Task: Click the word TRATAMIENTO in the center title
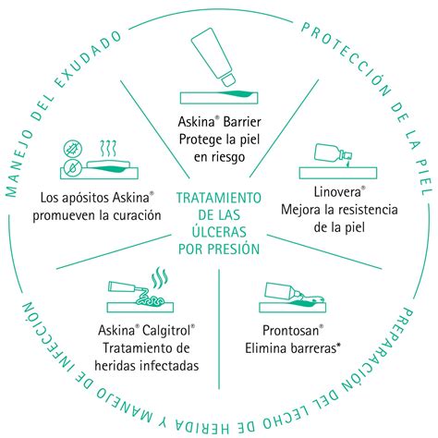pyautogui.click(x=219, y=198)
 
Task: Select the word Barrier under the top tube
pyautogui.click(x=242, y=122)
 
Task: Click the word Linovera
pyautogui.click(x=337, y=192)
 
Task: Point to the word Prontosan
pyautogui.click(x=290, y=331)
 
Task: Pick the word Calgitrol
pyautogui.click(x=166, y=331)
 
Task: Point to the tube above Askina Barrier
pyautogui.click(x=213, y=57)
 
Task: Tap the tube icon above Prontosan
pyautogui.click(x=283, y=292)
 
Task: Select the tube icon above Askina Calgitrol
pyautogui.click(x=126, y=287)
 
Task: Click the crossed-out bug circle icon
pyautogui.click(x=73, y=149)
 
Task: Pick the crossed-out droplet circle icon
pyautogui.click(x=73, y=167)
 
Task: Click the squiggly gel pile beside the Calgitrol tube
pyautogui.click(x=151, y=300)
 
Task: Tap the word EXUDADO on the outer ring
pyautogui.click(x=89, y=60)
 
